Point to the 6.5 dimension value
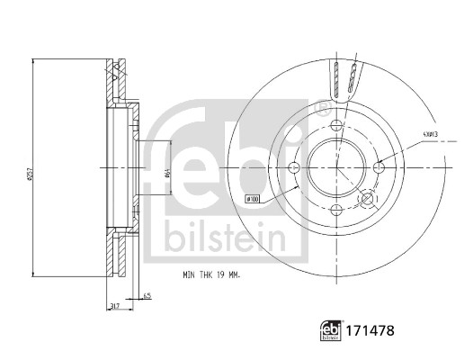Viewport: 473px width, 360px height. point(147,294)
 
